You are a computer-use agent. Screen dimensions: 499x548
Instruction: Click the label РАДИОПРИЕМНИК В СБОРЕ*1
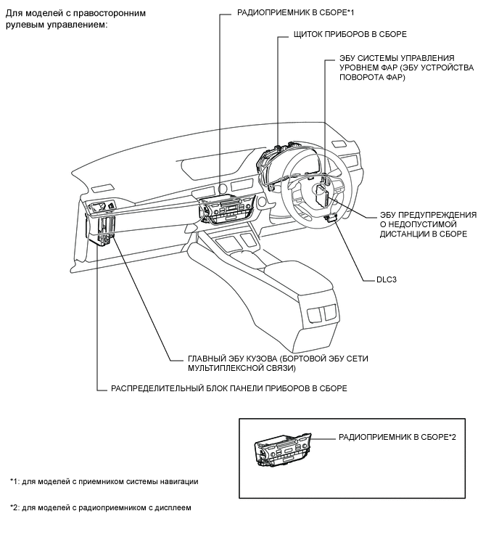coord(295,13)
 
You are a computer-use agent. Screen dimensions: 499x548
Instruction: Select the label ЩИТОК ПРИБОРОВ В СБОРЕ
coord(350,34)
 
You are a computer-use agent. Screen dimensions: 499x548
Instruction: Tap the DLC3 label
coord(386,280)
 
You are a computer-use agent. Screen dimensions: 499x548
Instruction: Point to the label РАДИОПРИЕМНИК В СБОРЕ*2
coord(397,437)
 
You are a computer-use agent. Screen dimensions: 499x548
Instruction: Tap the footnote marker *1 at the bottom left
coord(14,482)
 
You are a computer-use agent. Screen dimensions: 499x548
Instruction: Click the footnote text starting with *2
coord(101,508)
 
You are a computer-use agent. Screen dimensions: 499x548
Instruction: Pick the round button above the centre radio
coord(222,189)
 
